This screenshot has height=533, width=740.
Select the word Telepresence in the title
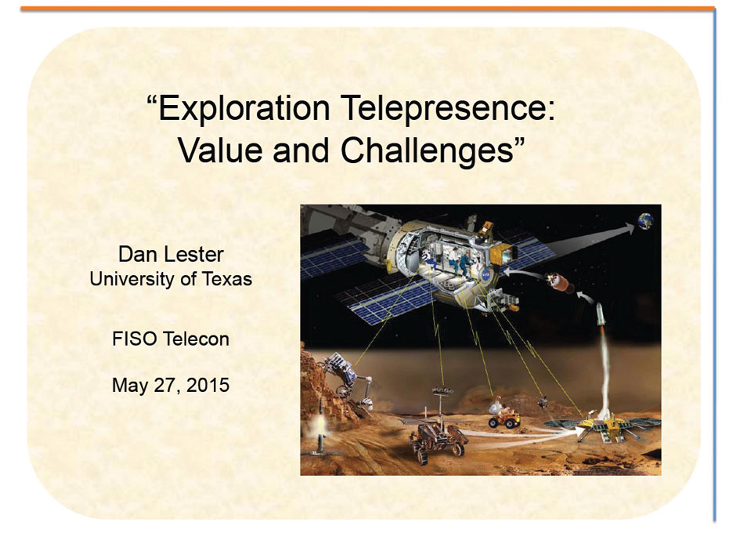point(447,109)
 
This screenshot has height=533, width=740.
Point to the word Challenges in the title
point(427,151)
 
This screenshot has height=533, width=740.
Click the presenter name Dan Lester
point(171,255)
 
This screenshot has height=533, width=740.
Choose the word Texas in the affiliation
point(227,279)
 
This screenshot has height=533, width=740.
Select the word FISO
point(135,339)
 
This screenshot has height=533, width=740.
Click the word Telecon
point(196,339)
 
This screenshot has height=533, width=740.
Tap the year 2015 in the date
point(208,385)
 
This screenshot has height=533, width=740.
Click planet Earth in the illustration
point(645,220)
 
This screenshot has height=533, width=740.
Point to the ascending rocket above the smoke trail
point(601,314)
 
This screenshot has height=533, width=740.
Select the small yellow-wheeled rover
point(504,415)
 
